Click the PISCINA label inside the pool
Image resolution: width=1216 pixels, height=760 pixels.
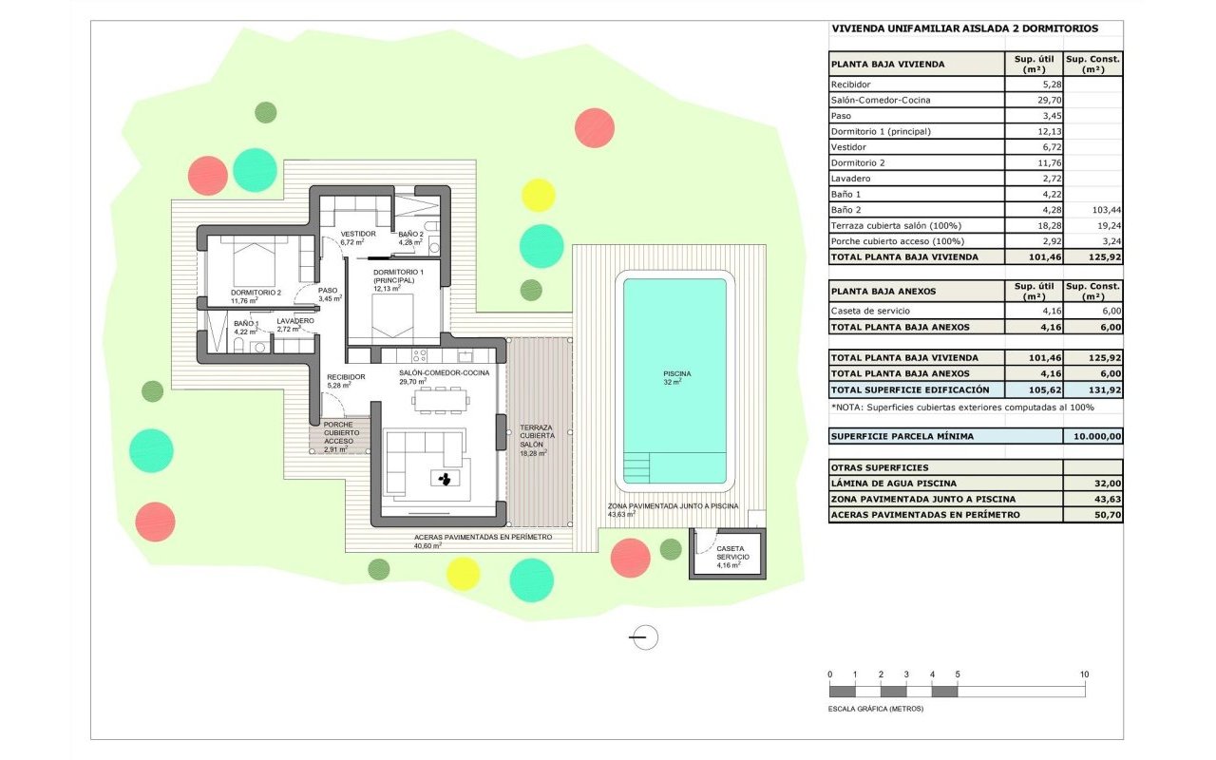tap(677, 373)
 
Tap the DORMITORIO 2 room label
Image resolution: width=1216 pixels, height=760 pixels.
tap(256, 293)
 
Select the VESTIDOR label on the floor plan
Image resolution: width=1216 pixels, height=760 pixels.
tap(358, 234)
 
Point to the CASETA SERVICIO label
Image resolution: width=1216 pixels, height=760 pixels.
tap(732, 553)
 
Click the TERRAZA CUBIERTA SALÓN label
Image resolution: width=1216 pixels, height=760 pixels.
tap(537, 436)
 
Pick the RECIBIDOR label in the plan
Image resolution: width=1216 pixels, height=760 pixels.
tap(346, 377)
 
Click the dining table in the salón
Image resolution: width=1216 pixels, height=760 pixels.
tap(440, 401)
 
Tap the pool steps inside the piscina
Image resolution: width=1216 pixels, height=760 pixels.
tap(636, 467)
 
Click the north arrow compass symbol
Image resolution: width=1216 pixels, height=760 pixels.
tap(644, 637)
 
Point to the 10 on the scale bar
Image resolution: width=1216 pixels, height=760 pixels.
tap(1084, 674)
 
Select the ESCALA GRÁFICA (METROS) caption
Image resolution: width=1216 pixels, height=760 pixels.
tap(875, 709)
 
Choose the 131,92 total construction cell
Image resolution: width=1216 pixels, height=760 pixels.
tap(1105, 389)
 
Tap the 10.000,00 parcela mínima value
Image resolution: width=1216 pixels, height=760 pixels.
tap(1097, 436)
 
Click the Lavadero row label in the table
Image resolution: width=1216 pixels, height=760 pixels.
tap(850, 178)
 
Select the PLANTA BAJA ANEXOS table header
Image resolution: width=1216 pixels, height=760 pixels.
tap(883, 291)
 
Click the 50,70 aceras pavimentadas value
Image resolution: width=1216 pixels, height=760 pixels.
tap(1108, 515)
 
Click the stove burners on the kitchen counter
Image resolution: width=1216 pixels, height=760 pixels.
tap(420, 355)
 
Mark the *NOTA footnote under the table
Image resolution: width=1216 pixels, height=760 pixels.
tap(962, 408)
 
